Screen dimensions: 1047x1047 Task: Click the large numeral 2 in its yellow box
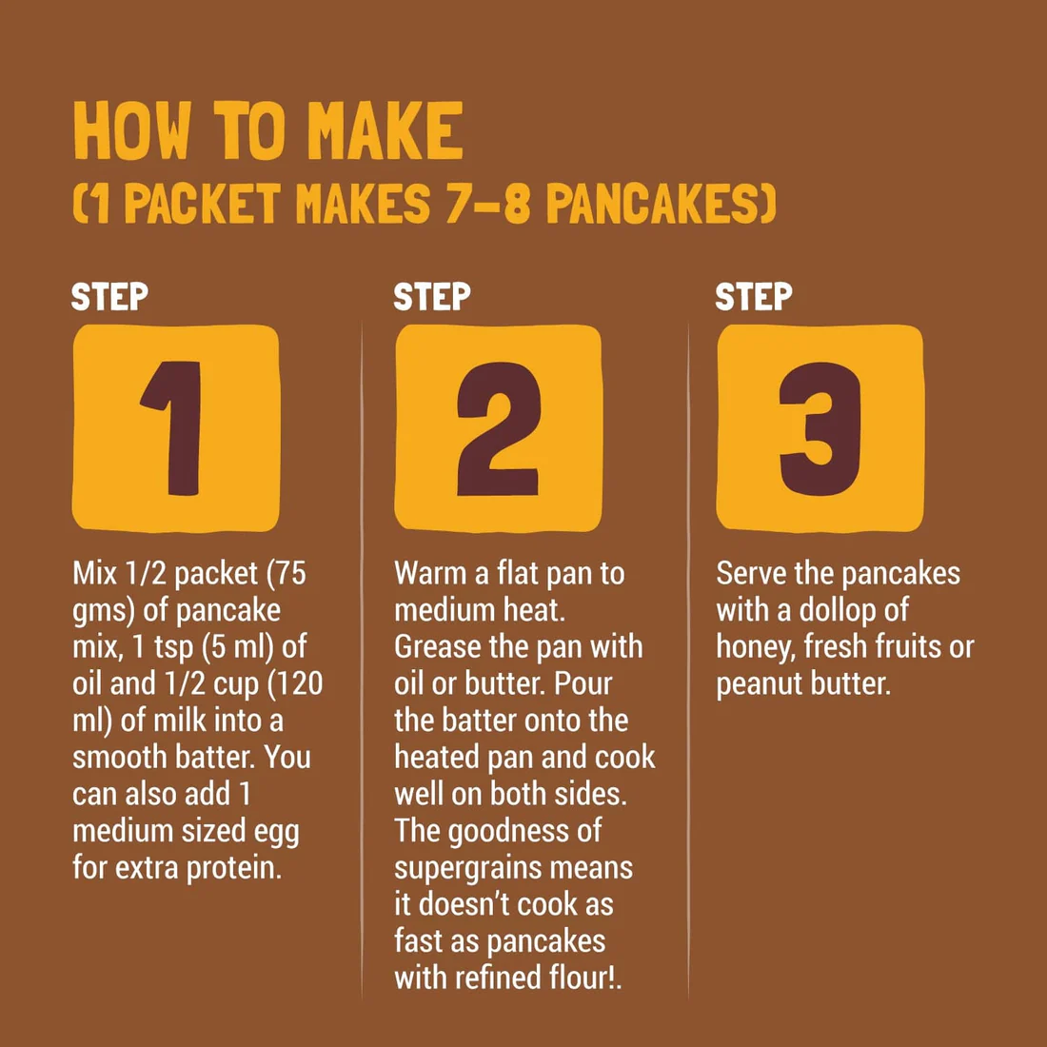click(x=499, y=428)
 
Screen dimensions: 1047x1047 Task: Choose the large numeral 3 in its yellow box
click(x=820, y=428)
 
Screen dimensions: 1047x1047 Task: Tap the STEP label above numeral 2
click(x=432, y=297)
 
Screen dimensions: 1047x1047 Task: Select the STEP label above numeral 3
click(x=754, y=297)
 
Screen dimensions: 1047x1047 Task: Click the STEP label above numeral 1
click(x=110, y=297)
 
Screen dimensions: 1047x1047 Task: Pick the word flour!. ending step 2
click(x=572, y=978)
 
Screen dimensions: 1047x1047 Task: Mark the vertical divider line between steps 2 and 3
click(x=688, y=657)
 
